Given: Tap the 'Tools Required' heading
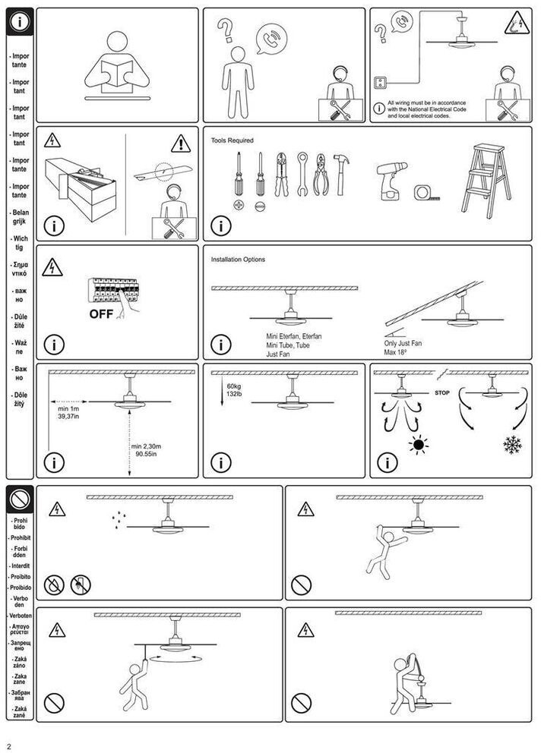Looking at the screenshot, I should pyautogui.click(x=233, y=140).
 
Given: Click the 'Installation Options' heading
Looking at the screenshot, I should pyautogui.click(x=238, y=260).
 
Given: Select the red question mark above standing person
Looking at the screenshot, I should pyautogui.click(x=225, y=31).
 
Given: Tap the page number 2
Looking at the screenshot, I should pyautogui.click(x=9, y=745).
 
